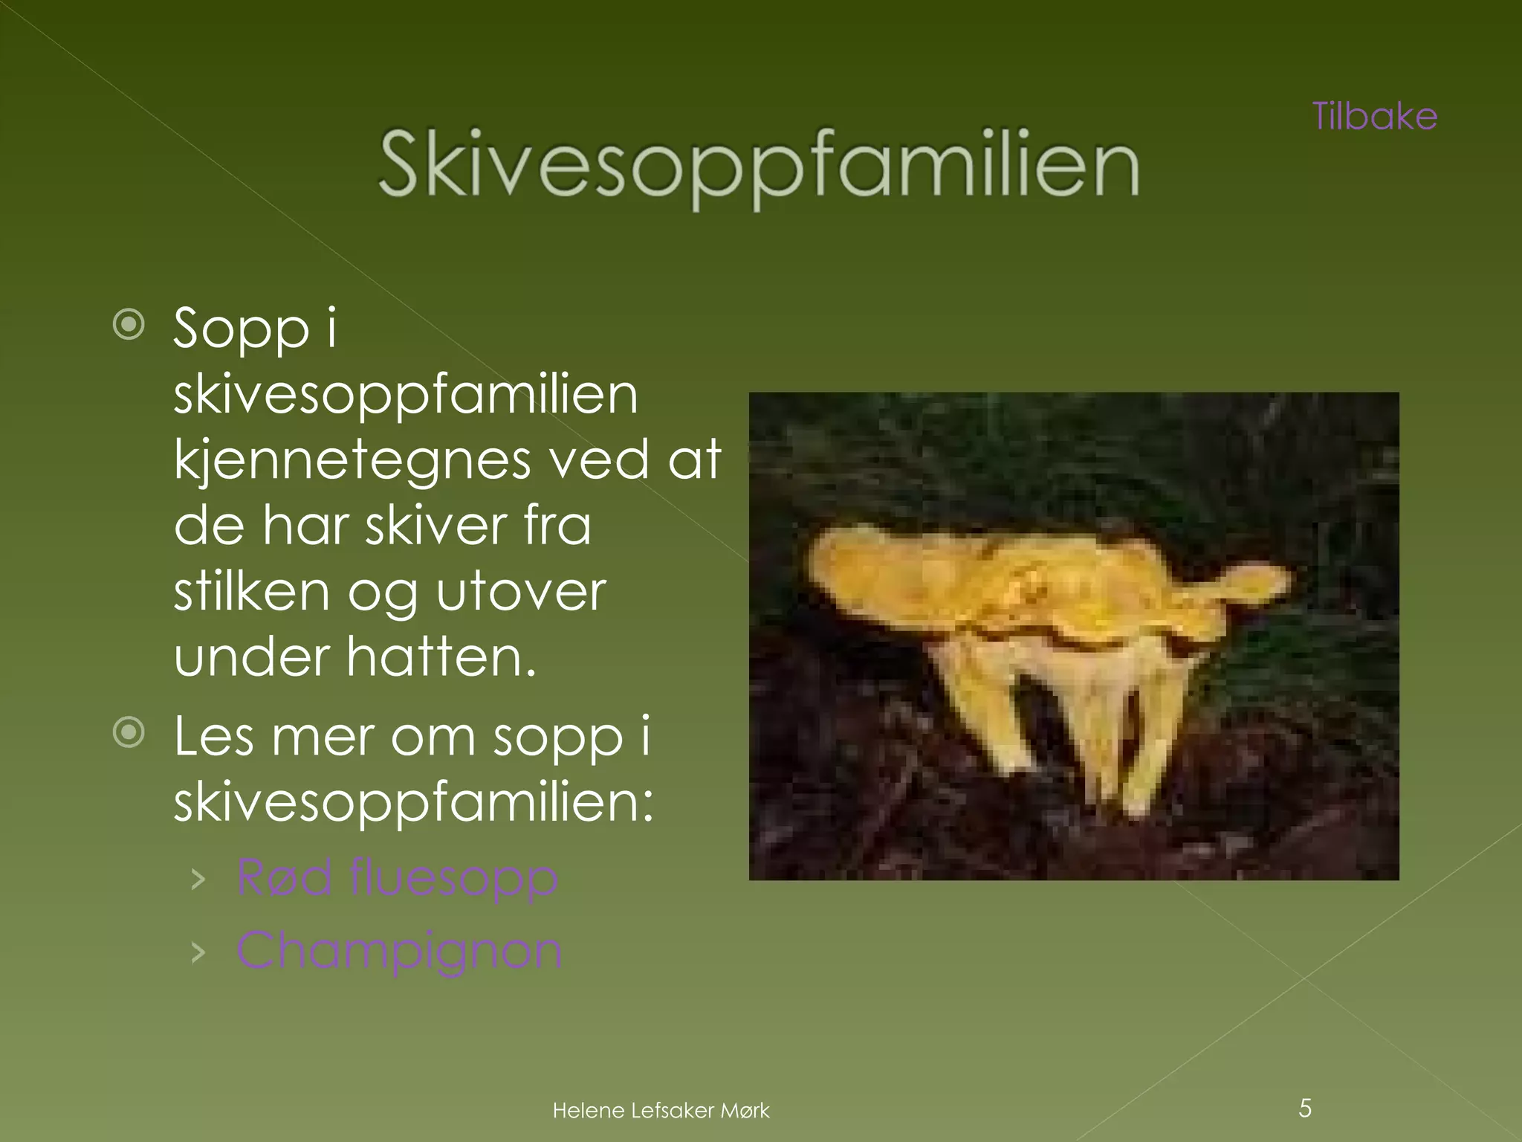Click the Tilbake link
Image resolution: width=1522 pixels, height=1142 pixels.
click(x=1375, y=117)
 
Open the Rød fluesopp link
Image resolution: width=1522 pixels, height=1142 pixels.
click(x=397, y=877)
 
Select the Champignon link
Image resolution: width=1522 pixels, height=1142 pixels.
click(x=399, y=950)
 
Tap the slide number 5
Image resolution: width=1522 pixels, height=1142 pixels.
click(x=1305, y=1109)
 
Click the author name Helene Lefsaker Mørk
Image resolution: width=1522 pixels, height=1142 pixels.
click(x=661, y=1111)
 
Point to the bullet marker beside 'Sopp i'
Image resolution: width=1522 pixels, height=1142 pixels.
click(x=129, y=325)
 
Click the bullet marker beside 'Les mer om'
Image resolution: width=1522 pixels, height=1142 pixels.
click(x=129, y=733)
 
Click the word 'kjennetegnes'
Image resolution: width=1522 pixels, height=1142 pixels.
click(x=352, y=461)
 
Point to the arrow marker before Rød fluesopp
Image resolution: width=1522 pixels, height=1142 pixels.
click(x=198, y=880)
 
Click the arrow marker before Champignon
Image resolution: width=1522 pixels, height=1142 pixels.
click(x=198, y=952)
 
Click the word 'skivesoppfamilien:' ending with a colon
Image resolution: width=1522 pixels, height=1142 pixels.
click(x=413, y=803)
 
